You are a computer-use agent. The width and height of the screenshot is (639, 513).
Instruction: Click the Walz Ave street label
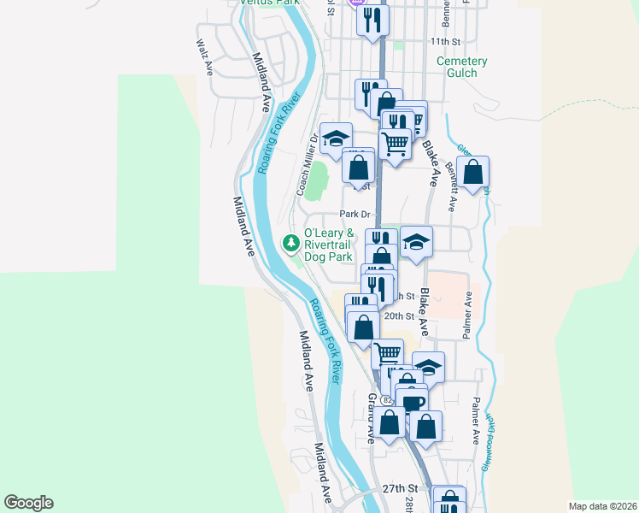click(203, 51)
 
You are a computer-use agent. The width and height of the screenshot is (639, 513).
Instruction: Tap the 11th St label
click(445, 41)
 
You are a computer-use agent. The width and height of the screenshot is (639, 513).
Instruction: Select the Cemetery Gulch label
click(461, 67)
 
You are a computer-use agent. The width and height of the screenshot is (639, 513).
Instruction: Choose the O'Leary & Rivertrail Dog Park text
click(328, 245)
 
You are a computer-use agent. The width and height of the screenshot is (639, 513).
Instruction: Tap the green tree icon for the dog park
click(292, 244)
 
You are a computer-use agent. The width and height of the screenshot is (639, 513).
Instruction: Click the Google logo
click(28, 503)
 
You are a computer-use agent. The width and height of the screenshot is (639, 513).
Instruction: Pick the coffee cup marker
click(412, 402)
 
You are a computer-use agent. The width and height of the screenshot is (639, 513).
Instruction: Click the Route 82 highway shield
click(388, 400)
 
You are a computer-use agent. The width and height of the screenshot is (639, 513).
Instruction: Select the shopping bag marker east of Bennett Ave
click(472, 172)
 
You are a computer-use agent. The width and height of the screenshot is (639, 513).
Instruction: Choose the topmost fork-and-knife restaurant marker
click(372, 19)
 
